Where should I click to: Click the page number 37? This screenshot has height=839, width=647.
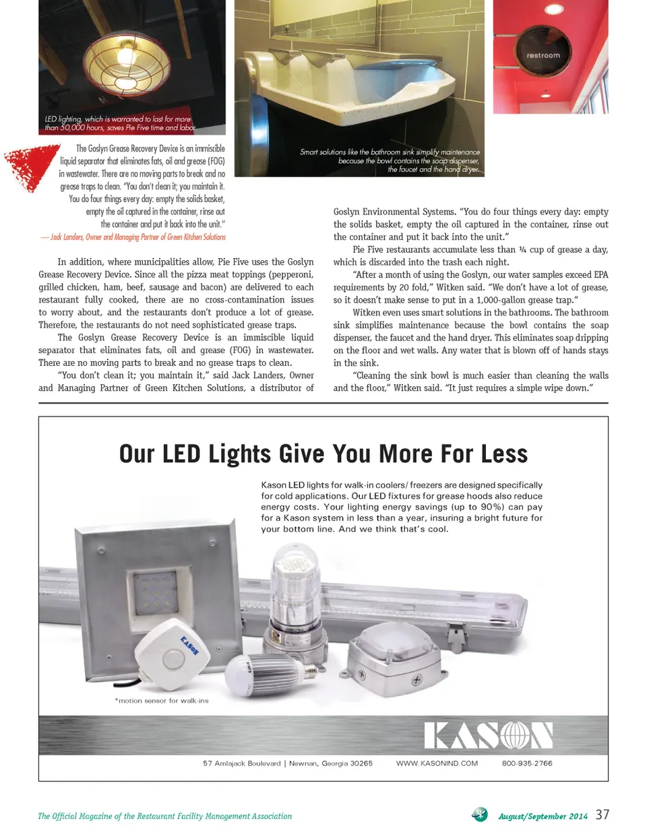[602, 815]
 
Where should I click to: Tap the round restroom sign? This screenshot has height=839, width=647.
[543, 55]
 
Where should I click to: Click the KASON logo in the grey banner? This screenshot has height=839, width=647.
[488, 735]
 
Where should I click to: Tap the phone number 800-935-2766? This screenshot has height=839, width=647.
[527, 764]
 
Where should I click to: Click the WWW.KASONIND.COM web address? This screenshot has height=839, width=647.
[437, 764]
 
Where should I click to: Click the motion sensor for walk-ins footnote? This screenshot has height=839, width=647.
[162, 701]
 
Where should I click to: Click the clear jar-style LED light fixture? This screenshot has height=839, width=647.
[296, 586]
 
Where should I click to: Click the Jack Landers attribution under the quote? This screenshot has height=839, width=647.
[133, 237]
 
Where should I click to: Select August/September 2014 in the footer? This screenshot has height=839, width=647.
[543, 816]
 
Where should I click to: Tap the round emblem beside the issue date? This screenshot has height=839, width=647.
[480, 815]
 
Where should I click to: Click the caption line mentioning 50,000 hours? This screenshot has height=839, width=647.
[120, 127]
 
